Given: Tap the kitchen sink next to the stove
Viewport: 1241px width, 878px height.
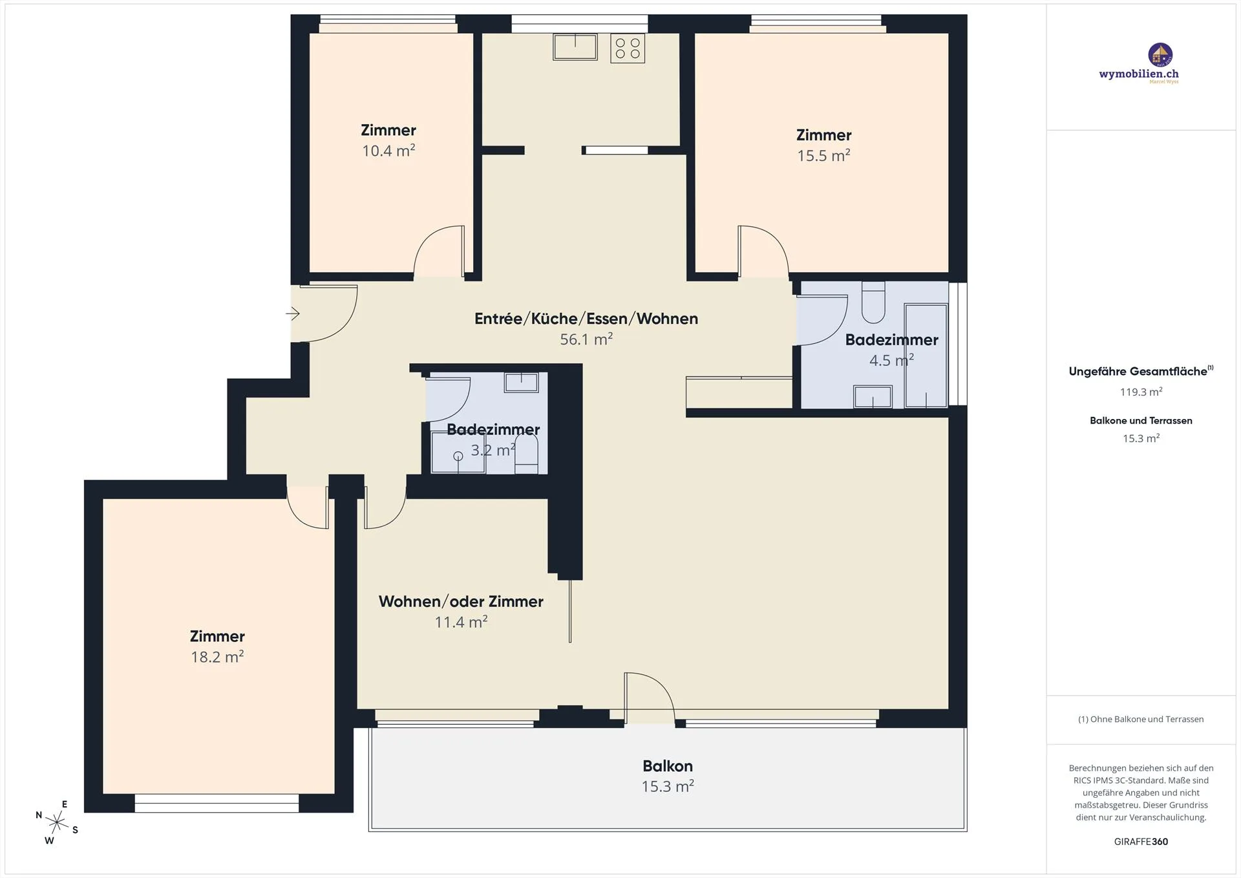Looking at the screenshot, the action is pyautogui.click(x=575, y=47).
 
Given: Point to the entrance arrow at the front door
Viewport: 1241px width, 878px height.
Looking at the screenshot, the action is pyautogui.click(x=293, y=314).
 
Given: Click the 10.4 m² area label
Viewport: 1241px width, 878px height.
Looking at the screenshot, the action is pyautogui.click(x=388, y=151).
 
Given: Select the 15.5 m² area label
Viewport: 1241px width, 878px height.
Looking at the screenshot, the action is pyautogui.click(x=823, y=156).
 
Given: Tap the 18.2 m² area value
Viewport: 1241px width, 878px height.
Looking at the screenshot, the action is pyautogui.click(x=217, y=657).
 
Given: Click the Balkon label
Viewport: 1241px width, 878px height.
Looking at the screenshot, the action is pyautogui.click(x=668, y=766).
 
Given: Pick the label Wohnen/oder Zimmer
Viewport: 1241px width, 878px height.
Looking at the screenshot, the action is pyautogui.click(x=461, y=601).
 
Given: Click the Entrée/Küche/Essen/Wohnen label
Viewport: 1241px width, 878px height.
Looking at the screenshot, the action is pyautogui.click(x=586, y=319).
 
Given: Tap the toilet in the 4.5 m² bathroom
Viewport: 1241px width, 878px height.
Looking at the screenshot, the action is pyautogui.click(x=873, y=302).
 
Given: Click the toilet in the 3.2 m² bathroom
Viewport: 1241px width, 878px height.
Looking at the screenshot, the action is pyautogui.click(x=526, y=455).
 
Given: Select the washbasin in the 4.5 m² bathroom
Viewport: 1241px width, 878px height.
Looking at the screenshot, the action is pyautogui.click(x=873, y=396).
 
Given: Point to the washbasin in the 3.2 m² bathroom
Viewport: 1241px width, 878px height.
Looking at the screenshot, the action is pyautogui.click(x=521, y=382).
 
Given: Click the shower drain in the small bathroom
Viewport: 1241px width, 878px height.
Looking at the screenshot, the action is pyautogui.click(x=458, y=456).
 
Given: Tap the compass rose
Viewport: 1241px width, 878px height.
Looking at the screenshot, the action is pyautogui.click(x=57, y=822).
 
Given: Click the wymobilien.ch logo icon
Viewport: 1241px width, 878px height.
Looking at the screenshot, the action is pyautogui.click(x=1160, y=55).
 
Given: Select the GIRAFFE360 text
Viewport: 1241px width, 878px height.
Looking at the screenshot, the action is pyautogui.click(x=1141, y=842).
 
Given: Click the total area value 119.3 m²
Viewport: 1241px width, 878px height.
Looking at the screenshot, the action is pyautogui.click(x=1141, y=392).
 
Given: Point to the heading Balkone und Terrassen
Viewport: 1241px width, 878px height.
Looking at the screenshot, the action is pyautogui.click(x=1141, y=421).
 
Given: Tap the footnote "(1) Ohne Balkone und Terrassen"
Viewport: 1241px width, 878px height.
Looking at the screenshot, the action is pyautogui.click(x=1141, y=719).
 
